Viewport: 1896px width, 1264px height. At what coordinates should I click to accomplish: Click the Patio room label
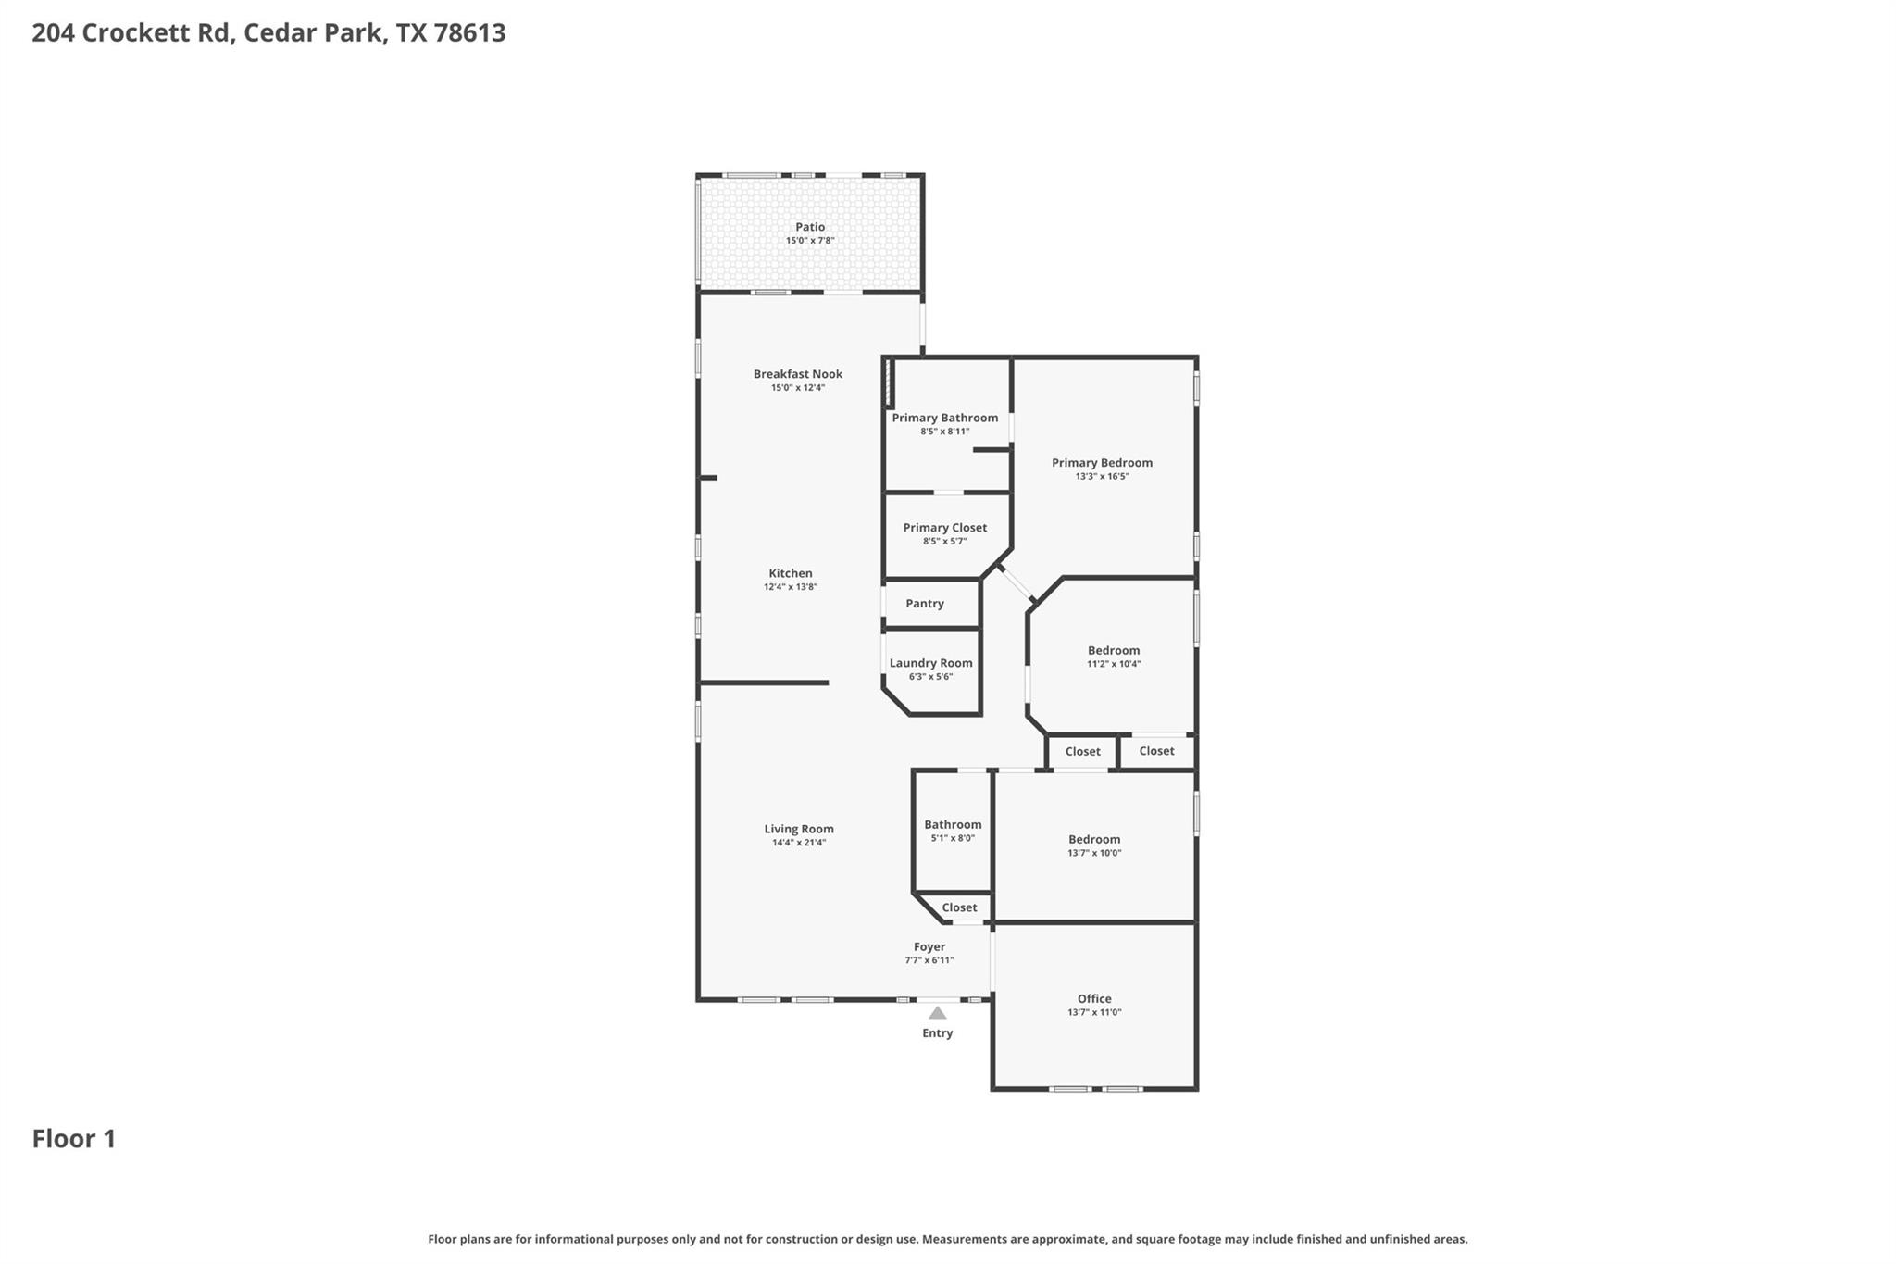(810, 227)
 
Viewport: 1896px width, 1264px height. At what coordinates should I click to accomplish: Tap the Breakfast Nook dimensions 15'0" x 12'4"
(797, 388)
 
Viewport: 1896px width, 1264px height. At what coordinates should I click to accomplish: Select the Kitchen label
(790, 573)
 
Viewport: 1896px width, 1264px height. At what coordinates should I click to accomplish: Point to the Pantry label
(924, 604)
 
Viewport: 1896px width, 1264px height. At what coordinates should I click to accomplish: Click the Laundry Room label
(930, 663)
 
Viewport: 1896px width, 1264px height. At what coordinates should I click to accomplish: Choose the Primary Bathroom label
(944, 418)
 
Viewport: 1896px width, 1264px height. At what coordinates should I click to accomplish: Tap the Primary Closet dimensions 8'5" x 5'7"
(944, 542)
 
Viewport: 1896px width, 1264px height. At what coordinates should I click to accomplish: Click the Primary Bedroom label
(1102, 463)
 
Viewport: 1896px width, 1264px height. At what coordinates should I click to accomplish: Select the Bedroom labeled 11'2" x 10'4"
(1113, 650)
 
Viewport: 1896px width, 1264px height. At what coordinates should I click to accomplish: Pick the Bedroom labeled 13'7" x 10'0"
(1093, 839)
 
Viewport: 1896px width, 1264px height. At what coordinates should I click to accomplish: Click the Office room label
(1093, 998)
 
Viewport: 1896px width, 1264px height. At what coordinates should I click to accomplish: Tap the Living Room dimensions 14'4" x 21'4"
(798, 843)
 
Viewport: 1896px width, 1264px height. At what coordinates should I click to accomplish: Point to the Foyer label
(929, 946)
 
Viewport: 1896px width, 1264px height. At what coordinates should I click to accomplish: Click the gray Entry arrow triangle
(937, 1013)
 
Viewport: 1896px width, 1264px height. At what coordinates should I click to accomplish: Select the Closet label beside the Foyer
(959, 907)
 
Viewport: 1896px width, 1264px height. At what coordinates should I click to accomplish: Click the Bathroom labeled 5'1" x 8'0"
(952, 824)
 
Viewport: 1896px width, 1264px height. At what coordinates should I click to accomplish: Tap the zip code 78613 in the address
(469, 32)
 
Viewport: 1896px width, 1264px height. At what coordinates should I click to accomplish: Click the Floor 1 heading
(74, 1138)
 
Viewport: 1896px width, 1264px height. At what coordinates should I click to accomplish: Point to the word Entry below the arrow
(937, 1033)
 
